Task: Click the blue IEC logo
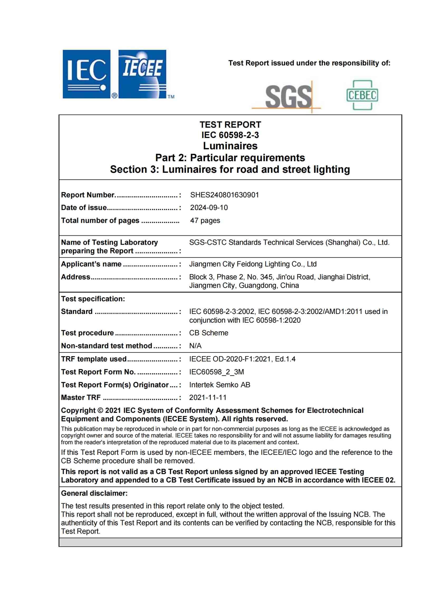click(86, 74)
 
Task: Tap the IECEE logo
click(142, 74)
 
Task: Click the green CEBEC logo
click(362, 95)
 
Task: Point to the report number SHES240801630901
click(224, 195)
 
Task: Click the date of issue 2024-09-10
click(209, 207)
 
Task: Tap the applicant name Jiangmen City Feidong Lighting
click(253, 264)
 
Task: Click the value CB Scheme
click(209, 333)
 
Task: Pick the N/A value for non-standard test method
click(195, 346)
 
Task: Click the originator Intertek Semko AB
click(219, 385)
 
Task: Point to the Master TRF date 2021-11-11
click(207, 397)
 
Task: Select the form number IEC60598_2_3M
click(216, 372)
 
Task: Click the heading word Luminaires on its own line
click(230, 146)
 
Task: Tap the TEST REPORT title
click(230, 125)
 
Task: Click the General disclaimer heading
click(94, 493)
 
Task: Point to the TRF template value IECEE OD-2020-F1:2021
click(242, 359)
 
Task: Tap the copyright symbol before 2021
click(100, 411)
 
